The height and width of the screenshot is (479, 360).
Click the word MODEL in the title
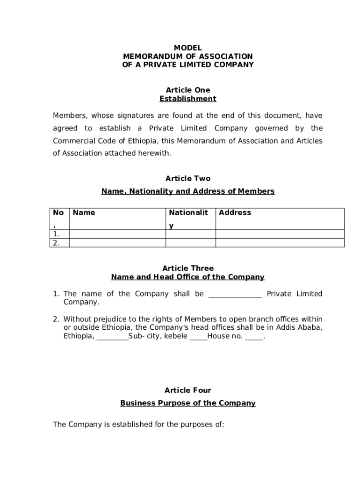pos(187,48)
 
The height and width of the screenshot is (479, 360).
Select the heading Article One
pos(187,90)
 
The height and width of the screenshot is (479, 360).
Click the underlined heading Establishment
pos(187,99)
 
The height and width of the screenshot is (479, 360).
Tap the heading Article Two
pos(187,178)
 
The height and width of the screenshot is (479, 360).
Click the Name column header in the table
pos(84,213)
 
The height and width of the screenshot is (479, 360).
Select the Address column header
pos(235,213)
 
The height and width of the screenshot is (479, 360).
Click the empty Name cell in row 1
pos(117,234)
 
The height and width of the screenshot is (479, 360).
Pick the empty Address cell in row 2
pos(280,243)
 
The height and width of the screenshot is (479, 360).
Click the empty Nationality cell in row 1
pos(190,234)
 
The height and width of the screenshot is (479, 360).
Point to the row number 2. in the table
pos(56,243)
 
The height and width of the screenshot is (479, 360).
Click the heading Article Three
pos(187,268)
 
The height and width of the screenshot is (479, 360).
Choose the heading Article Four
pos(187,390)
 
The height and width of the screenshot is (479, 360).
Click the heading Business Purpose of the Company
pos(187,403)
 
